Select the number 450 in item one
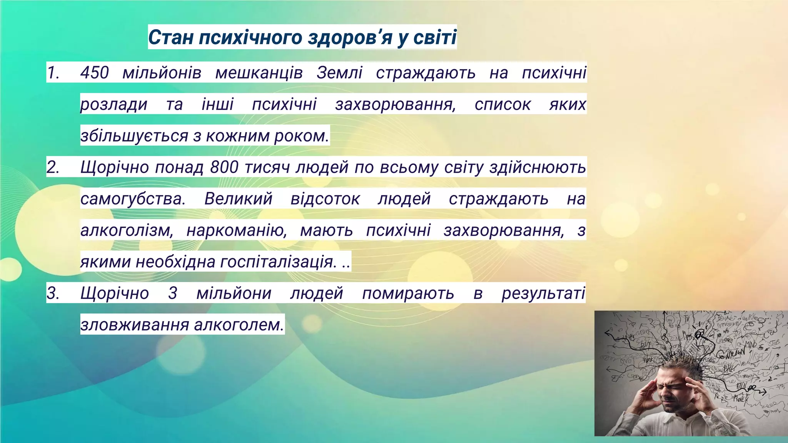coord(95,73)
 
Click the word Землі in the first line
coord(339,73)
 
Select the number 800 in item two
coord(224,167)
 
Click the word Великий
coord(238,199)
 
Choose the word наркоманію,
coord(237,230)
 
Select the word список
coord(503,104)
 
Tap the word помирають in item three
coord(408,293)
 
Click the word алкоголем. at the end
coord(239,325)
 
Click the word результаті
coord(543,293)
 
